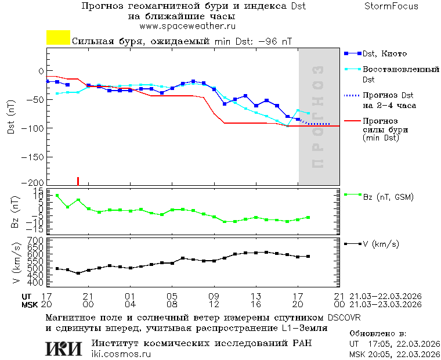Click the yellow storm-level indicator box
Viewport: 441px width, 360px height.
click(x=58, y=38)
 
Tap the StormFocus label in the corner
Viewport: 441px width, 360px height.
click(x=391, y=6)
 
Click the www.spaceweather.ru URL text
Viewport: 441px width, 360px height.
click(x=187, y=26)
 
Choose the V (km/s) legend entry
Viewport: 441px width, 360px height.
click(x=381, y=244)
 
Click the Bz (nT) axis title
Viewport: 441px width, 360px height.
click(x=16, y=211)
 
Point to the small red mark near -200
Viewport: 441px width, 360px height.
click(x=78, y=181)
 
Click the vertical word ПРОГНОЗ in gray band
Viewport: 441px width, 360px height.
click(x=317, y=116)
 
